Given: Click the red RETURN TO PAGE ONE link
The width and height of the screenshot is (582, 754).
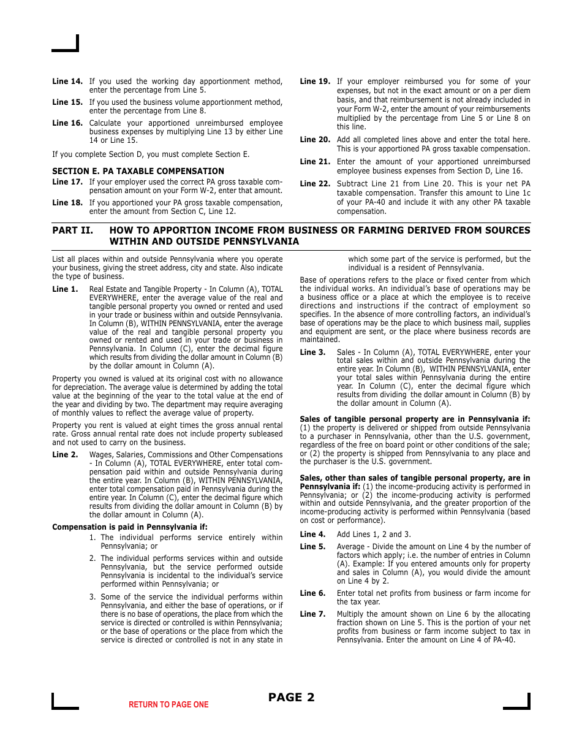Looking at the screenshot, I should (168, 705).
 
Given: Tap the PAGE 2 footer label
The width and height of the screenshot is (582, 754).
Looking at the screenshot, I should (292, 697).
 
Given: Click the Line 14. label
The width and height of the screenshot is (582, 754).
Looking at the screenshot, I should (67, 82).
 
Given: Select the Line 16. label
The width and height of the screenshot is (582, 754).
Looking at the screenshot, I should (67, 123).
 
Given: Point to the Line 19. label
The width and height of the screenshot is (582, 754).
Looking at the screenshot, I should (315, 82).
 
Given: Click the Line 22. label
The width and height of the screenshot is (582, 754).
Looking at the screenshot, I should (315, 184).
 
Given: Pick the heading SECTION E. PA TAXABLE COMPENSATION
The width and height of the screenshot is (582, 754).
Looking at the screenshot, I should (138, 171).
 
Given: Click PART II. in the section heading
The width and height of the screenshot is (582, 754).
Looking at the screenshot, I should (72, 230).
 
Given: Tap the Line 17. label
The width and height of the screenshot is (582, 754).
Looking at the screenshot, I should (67, 182).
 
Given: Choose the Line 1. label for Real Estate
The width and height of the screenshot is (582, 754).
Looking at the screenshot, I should (65, 289).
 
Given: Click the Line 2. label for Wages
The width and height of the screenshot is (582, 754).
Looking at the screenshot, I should (65, 455).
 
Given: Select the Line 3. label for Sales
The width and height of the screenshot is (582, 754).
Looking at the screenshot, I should (312, 352).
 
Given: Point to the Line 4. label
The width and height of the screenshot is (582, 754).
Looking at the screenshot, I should (312, 535).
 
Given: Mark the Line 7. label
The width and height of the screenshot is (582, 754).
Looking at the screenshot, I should (312, 614).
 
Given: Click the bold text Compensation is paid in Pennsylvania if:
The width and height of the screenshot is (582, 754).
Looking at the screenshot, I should (130, 527).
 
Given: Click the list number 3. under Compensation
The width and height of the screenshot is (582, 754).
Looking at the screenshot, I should (93, 597).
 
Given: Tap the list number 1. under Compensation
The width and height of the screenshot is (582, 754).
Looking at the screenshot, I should (93, 538).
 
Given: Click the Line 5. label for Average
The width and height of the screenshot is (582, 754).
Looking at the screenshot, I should (312, 547).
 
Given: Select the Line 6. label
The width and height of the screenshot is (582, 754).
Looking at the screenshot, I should (312, 593).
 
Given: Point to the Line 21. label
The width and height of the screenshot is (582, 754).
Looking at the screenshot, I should (315, 162).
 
